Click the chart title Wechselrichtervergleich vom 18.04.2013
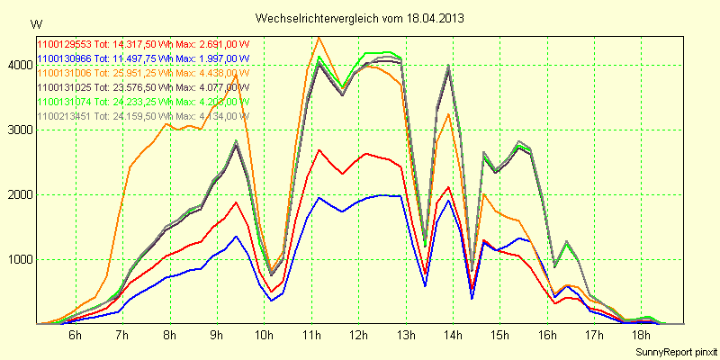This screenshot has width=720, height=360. [x=359, y=18]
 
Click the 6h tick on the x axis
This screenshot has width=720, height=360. [x=75, y=335]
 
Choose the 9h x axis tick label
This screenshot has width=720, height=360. [x=216, y=335]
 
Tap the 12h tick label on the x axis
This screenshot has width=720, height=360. [x=358, y=335]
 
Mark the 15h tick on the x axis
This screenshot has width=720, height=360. [x=499, y=335]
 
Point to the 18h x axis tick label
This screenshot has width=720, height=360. [x=641, y=335]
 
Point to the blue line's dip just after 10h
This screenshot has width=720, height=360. [x=271, y=300]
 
